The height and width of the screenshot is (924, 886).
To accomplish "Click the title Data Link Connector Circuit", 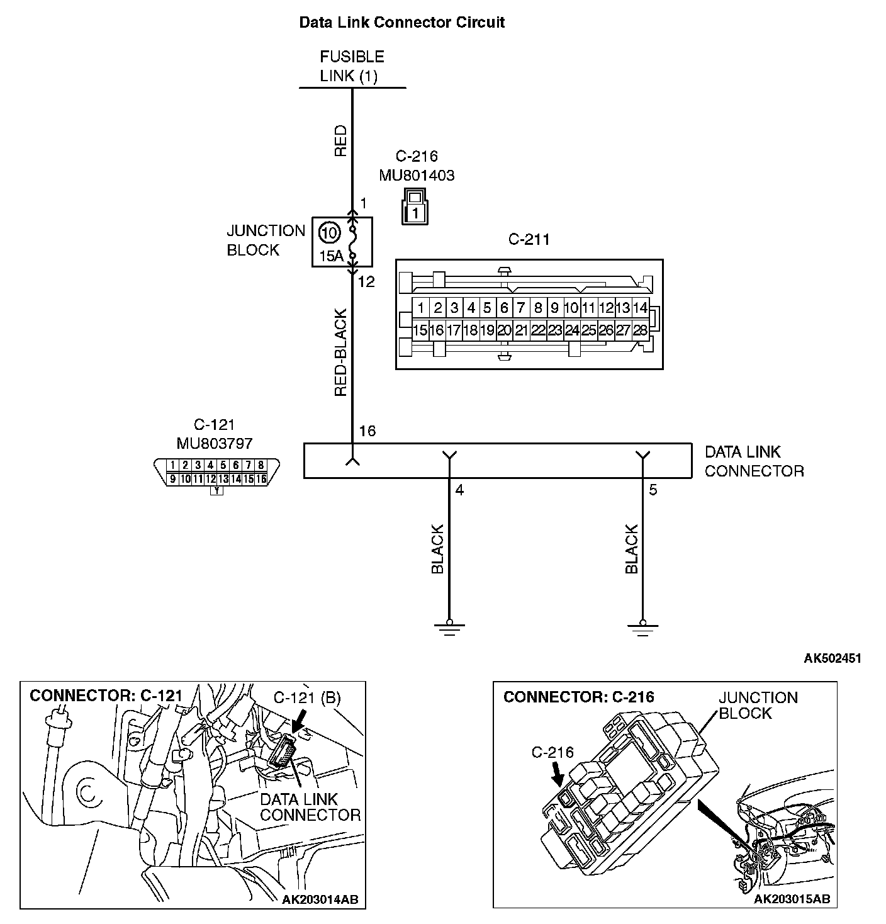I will click(401, 23).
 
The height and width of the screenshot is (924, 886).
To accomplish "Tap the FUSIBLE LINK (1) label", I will click(352, 66).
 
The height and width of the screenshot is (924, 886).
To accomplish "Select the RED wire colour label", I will click(340, 140).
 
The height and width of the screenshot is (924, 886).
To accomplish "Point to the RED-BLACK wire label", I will click(340, 352).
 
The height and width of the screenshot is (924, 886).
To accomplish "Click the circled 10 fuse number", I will click(328, 233).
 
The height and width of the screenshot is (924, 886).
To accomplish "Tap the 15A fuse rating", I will click(331, 256).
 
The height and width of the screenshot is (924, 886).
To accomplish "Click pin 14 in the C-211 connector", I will click(640, 308).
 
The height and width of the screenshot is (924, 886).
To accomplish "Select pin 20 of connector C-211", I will click(504, 330).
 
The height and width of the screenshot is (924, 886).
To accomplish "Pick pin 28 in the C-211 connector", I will click(640, 330).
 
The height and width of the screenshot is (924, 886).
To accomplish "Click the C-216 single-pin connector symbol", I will click(415, 205).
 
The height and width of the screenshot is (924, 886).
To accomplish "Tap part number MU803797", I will click(215, 443).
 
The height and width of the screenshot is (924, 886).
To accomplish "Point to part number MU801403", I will click(417, 175).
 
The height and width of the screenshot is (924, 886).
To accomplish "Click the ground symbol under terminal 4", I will click(449, 627).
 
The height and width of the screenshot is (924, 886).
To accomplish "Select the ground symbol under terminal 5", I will click(642, 627).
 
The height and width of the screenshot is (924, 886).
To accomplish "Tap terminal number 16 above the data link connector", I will click(367, 431).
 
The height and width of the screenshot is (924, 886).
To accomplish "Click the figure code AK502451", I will click(832, 658).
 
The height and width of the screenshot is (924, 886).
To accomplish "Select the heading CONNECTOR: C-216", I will click(578, 697).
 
